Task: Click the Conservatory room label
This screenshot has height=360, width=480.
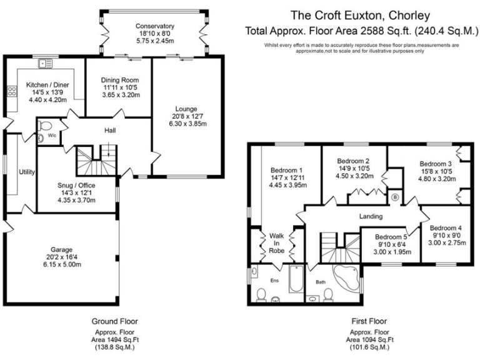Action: click(x=155, y=26)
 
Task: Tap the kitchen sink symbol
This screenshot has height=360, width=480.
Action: click(x=45, y=62)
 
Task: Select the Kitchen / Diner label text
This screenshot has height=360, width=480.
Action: click(x=47, y=84)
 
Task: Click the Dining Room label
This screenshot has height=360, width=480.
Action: click(x=120, y=80)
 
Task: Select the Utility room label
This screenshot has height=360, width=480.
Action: click(x=27, y=171)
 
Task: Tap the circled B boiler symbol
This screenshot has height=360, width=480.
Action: click(x=394, y=197)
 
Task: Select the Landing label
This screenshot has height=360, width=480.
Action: click(x=371, y=216)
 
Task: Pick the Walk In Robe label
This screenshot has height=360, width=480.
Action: click(x=276, y=243)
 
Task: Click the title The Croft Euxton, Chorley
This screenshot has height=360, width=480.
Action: click(x=361, y=15)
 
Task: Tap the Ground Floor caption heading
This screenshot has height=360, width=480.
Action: click(x=115, y=321)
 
